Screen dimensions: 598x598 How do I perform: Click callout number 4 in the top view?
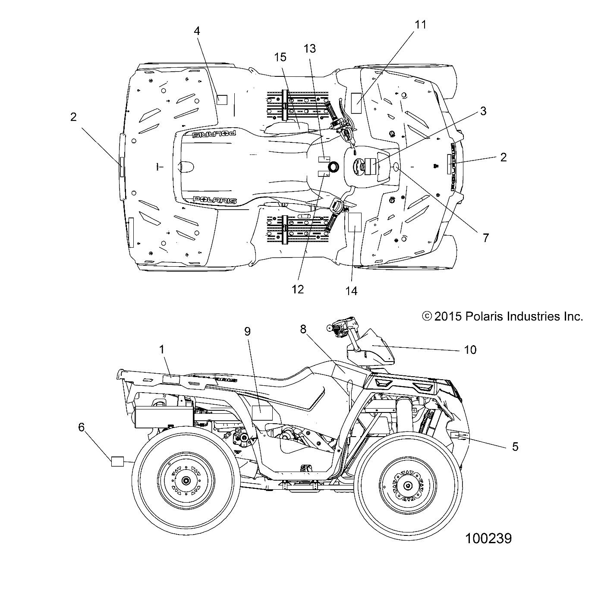(x=197, y=31)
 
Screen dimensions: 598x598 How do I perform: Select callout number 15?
(x=280, y=57)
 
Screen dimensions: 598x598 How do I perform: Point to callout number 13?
(x=310, y=48)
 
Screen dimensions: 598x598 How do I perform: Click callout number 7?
(x=485, y=237)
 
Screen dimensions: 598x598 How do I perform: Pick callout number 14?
(x=352, y=291)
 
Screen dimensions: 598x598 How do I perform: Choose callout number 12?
(x=298, y=289)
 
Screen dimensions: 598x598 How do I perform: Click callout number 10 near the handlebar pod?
(x=470, y=349)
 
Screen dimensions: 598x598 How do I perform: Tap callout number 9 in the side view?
(x=259, y=331)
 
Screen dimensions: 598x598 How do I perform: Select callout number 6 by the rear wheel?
(x=81, y=427)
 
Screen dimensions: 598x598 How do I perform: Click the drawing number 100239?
(x=488, y=538)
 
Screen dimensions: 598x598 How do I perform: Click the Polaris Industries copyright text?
(x=503, y=316)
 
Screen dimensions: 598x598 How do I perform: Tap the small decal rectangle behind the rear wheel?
(x=117, y=461)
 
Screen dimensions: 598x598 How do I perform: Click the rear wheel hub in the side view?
(x=186, y=481)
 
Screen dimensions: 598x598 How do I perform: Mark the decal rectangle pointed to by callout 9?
(x=262, y=413)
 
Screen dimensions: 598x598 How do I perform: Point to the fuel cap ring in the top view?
(x=334, y=167)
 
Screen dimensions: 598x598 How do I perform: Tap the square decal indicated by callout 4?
(x=222, y=100)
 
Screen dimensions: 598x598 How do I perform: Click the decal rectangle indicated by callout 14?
(x=354, y=222)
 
